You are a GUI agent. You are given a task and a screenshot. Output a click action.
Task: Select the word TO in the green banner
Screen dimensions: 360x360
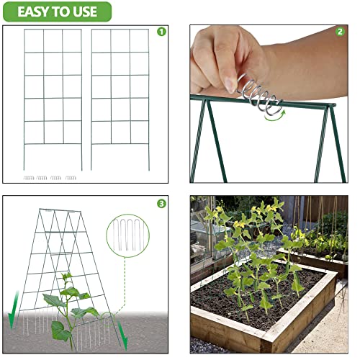pyautogui.click(x=65, y=12)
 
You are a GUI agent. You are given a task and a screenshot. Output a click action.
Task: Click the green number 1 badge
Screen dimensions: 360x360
pyautogui.click(x=161, y=32)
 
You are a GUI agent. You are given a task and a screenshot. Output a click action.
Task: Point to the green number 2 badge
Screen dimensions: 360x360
pyautogui.click(x=340, y=32)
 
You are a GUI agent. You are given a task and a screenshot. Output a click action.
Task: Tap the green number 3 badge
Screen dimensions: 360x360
pyautogui.click(x=161, y=204)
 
